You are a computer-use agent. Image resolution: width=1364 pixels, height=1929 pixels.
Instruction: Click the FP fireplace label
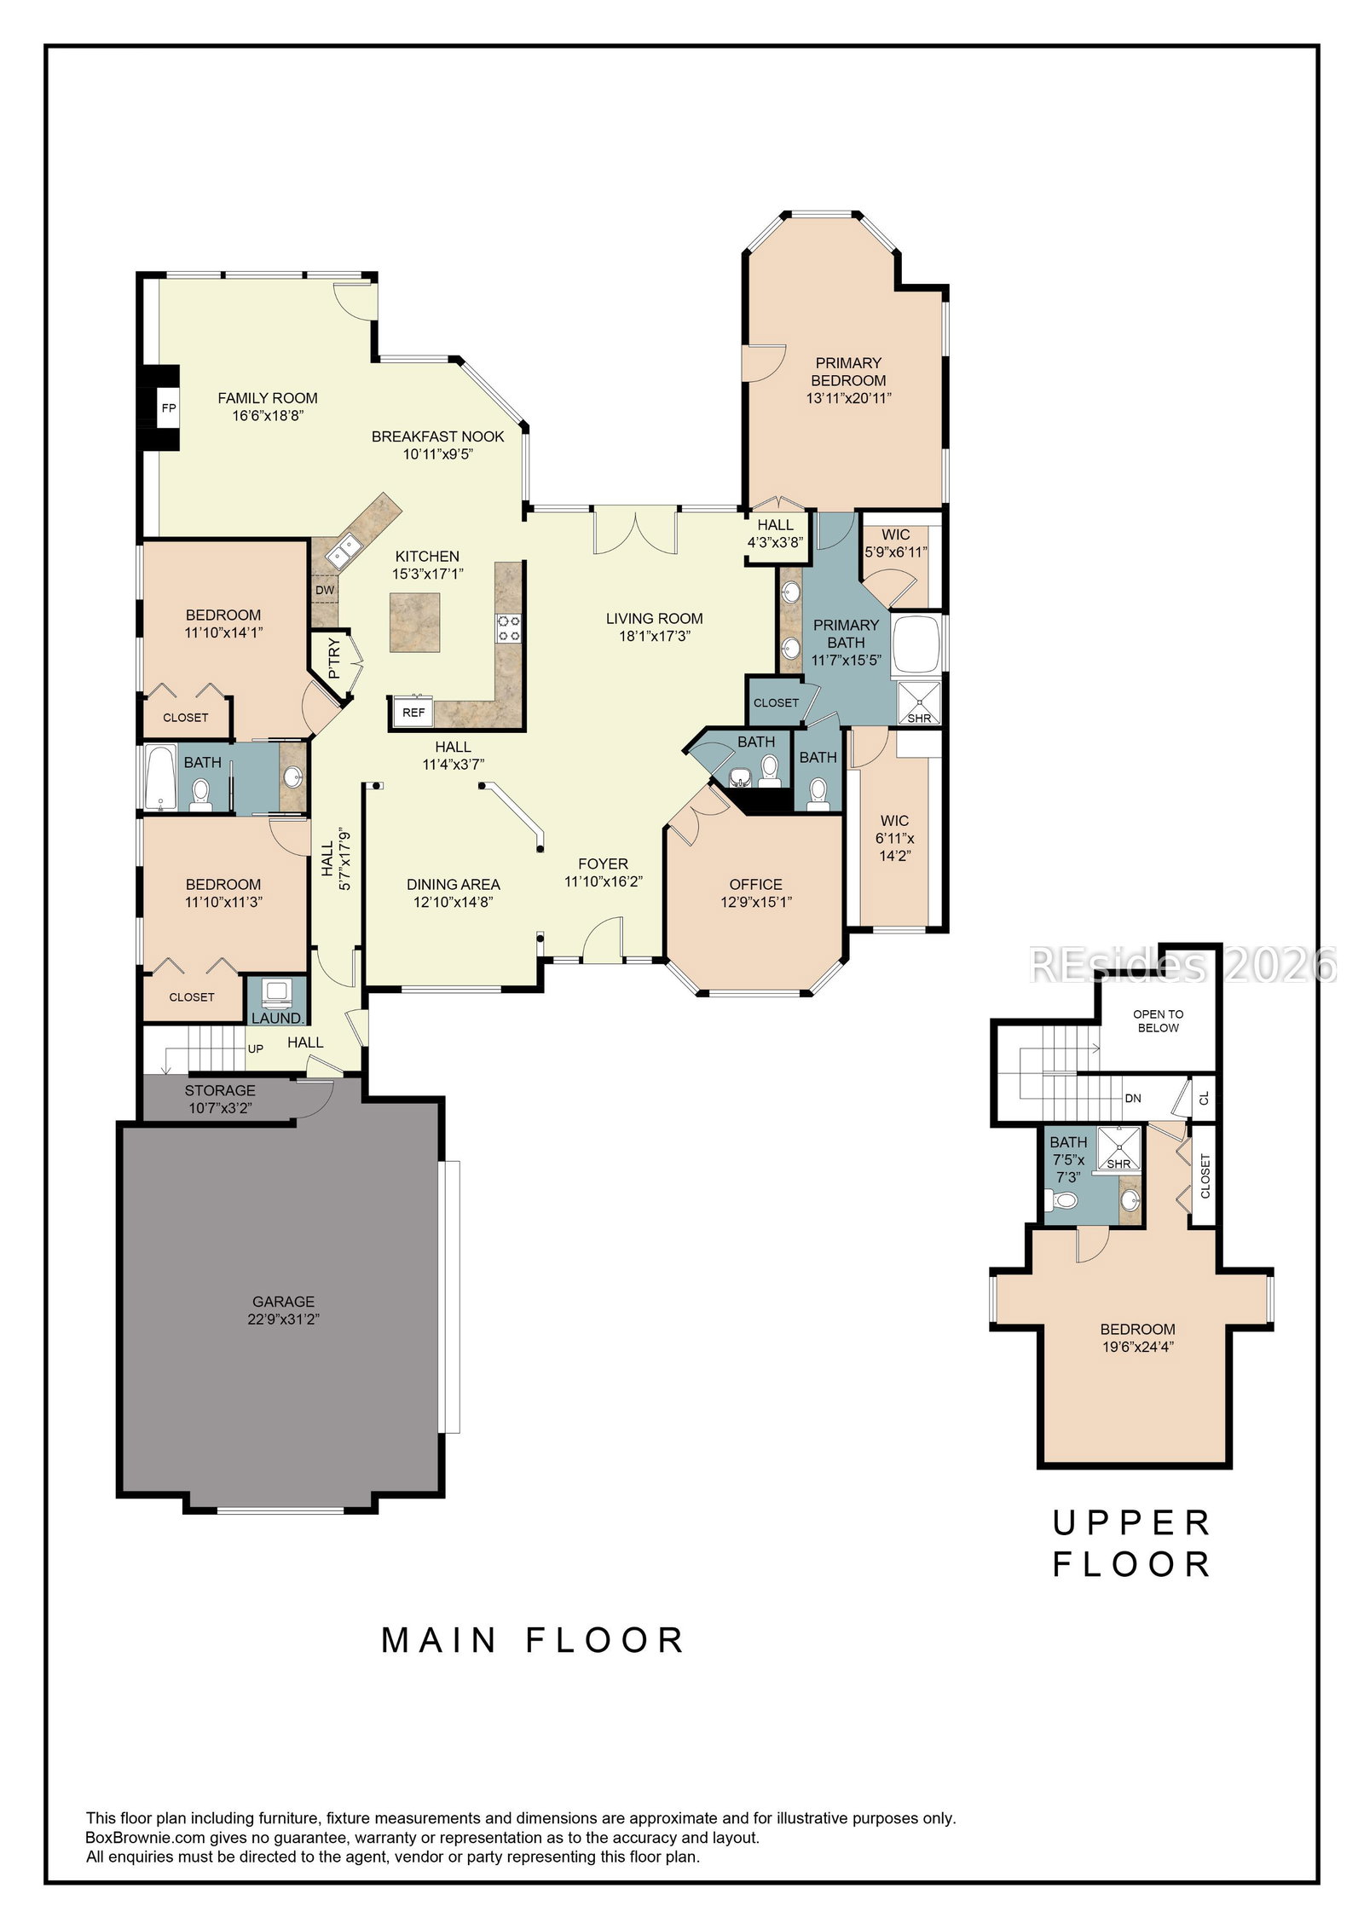coord(169,408)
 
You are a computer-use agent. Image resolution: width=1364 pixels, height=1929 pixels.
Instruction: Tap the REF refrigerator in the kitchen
coord(413,712)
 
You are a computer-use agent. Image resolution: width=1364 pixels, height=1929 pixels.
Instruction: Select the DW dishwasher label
coord(325,590)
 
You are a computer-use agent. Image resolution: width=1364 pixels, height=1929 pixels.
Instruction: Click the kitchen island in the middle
coord(415,621)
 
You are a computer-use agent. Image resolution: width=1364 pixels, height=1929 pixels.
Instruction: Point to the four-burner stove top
coord(509,628)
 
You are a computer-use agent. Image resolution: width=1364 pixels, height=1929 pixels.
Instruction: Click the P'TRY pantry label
coord(333,658)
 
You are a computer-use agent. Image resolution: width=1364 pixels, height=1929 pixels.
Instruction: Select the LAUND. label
coord(278,1018)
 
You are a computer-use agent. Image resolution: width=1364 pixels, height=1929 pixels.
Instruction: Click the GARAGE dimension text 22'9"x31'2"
coord(284,1320)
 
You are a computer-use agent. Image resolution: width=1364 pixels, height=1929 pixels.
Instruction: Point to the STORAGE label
coord(220,1090)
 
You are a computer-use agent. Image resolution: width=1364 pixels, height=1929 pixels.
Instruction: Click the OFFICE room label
coord(756,885)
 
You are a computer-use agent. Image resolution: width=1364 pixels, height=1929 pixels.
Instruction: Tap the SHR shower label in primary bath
coord(919,719)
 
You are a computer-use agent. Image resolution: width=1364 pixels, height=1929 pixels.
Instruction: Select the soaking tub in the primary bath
coord(916,645)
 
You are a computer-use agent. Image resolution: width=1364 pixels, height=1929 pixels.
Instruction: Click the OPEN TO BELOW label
coord(1159,1021)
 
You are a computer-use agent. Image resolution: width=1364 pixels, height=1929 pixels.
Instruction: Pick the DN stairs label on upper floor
coord(1133,1099)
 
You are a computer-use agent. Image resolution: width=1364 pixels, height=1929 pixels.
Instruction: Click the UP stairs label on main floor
coord(256,1048)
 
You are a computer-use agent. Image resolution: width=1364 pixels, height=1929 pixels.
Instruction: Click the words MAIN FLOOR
coord(533,1640)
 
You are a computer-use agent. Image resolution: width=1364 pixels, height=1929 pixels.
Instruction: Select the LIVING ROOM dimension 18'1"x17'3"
coord(655,636)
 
